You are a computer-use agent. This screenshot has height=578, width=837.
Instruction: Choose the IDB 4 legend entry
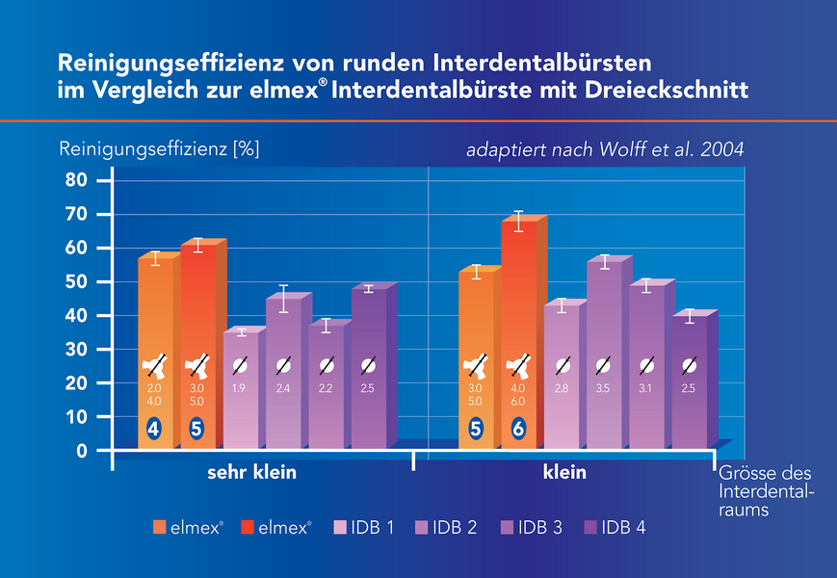(617, 527)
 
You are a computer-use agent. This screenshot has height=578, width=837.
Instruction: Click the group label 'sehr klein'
(251, 473)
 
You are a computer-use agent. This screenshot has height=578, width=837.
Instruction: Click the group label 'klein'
(563, 473)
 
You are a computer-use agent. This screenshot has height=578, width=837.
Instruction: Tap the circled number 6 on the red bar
(518, 429)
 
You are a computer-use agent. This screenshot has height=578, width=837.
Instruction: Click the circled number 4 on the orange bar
(154, 429)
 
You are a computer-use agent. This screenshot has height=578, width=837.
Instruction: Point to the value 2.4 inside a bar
(283, 389)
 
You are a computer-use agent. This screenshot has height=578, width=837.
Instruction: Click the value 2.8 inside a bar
(562, 389)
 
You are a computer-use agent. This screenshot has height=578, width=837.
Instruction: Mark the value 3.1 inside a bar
(646, 389)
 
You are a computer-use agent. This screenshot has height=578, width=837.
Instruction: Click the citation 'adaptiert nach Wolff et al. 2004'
(605, 150)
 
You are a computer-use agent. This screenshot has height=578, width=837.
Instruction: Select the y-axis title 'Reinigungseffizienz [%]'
(159, 150)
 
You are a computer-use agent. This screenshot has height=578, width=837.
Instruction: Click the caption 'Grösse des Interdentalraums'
(766, 491)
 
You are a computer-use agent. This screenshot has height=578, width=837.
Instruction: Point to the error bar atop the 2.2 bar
(326, 325)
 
